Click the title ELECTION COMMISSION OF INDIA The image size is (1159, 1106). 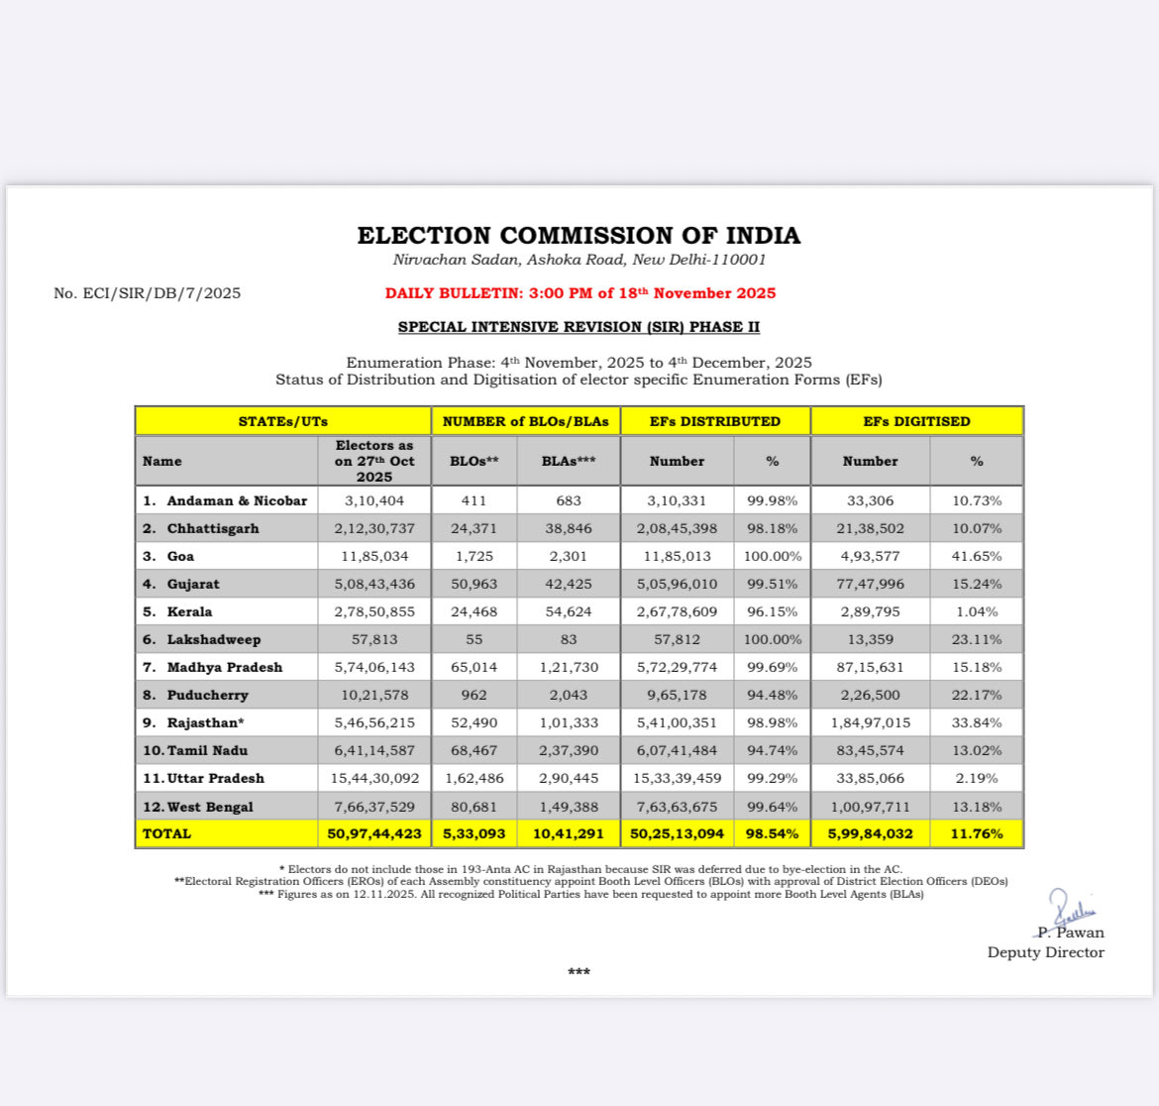579,236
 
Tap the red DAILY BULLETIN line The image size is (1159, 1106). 580,293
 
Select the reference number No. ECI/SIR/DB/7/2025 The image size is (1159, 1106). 147,293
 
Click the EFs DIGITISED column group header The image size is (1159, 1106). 916,421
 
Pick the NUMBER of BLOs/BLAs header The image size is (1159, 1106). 526,421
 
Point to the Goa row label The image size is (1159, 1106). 180,557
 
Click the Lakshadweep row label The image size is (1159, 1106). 213,640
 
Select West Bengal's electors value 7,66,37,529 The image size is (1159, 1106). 374,807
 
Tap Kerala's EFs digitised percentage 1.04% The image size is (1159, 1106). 977,612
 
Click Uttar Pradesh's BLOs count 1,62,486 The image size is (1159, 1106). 474,779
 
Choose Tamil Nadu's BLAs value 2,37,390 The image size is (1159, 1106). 569,751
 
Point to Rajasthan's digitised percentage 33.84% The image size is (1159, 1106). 977,723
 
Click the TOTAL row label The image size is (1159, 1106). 166,833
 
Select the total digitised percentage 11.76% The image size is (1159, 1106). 977,833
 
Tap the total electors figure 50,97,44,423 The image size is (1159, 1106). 374,833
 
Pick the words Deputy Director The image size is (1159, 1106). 1045,952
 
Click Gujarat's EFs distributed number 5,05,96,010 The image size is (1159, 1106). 677,585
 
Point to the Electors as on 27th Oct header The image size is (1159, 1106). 374,461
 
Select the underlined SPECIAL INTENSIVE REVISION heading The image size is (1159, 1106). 579,327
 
